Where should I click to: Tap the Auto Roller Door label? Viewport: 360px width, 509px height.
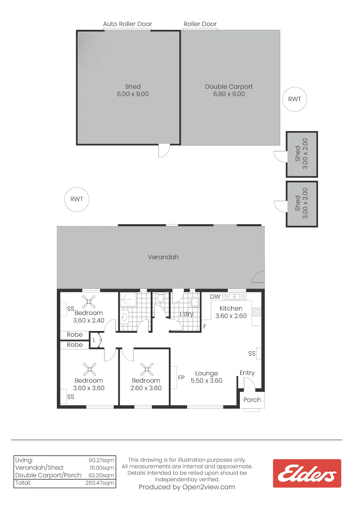(x=127, y=24)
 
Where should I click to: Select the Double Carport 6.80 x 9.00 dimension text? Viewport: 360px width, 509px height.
(x=229, y=94)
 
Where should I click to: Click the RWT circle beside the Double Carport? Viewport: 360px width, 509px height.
(x=295, y=99)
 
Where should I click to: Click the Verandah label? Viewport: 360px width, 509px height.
(x=163, y=257)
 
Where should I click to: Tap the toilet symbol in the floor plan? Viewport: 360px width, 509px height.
(x=160, y=297)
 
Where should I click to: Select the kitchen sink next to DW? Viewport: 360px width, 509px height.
(x=234, y=297)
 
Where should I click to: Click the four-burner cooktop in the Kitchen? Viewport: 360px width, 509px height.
(x=256, y=312)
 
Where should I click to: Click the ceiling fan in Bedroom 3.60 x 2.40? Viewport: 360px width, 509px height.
(x=88, y=301)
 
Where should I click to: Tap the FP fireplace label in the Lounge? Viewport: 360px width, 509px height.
(x=181, y=378)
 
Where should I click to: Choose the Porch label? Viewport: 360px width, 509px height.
(x=252, y=400)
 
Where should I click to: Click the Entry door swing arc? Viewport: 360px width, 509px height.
(x=252, y=381)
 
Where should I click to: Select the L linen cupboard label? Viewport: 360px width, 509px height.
(x=94, y=340)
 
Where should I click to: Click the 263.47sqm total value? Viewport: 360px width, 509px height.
(x=100, y=483)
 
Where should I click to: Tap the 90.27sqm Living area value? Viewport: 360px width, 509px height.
(x=101, y=460)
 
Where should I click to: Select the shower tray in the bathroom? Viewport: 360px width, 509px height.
(x=128, y=300)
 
